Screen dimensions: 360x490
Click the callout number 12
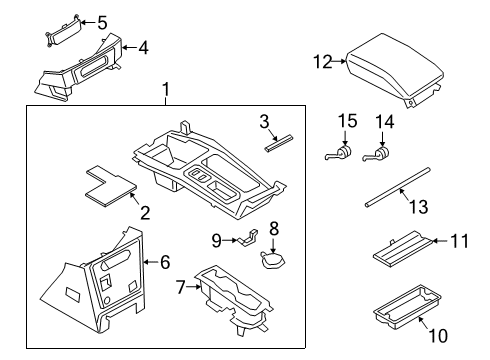tap(322, 63)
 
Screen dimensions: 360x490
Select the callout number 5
tap(100, 21)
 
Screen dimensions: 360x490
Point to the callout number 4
tap(145, 46)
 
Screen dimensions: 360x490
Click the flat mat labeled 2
tap(110, 187)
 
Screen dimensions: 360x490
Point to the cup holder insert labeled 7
tap(232, 299)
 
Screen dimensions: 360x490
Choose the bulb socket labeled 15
tap(343, 153)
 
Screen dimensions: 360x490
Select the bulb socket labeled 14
tap(382, 153)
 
